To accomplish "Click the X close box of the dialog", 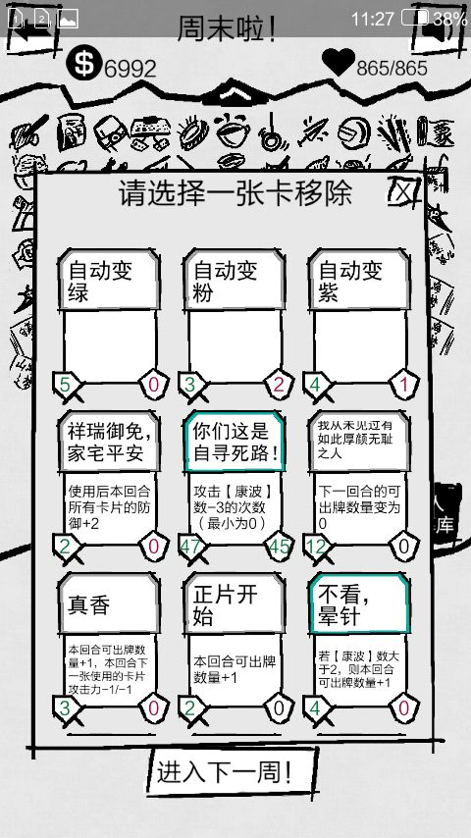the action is coord(404,189).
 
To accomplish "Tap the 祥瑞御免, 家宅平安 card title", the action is coord(109,442).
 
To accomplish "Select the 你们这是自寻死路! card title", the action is coord(235,442).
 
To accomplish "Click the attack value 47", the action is coord(191,547).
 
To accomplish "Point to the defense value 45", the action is coord(279,547).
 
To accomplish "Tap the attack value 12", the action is coord(316,547).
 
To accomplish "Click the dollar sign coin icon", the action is coord(83,62).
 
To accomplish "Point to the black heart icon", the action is coord(339,62).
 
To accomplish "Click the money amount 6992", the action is coord(130,69).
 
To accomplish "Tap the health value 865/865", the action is coord(392,69).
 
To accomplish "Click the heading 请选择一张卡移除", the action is coord(235,193).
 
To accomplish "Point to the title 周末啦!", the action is coord(227,28).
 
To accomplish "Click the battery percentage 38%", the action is coord(449,20).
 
